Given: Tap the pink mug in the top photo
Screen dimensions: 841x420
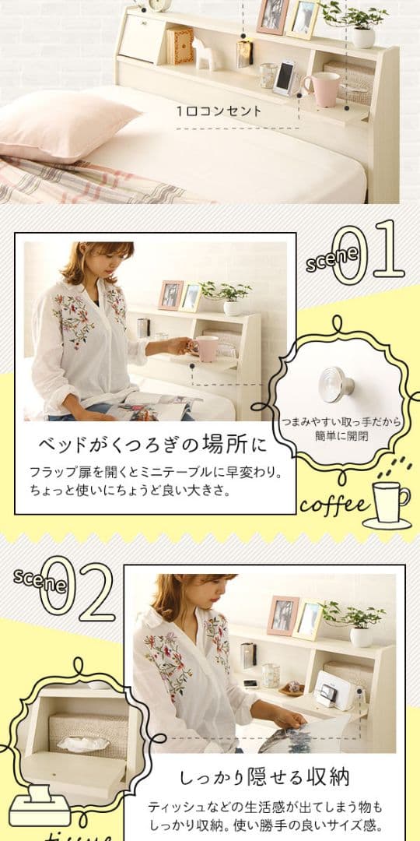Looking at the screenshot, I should pyautogui.click(x=321, y=88).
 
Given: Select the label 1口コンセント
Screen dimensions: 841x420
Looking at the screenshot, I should pyautogui.click(x=219, y=111).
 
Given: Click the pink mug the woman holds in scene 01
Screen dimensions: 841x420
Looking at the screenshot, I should pyautogui.click(x=206, y=348).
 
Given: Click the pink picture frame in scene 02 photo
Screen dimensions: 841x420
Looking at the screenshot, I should pyautogui.click(x=282, y=615).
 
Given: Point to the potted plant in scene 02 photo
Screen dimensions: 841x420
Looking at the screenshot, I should pyautogui.click(x=356, y=622).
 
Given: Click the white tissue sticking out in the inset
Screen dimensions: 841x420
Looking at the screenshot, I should pyautogui.click(x=82, y=743).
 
